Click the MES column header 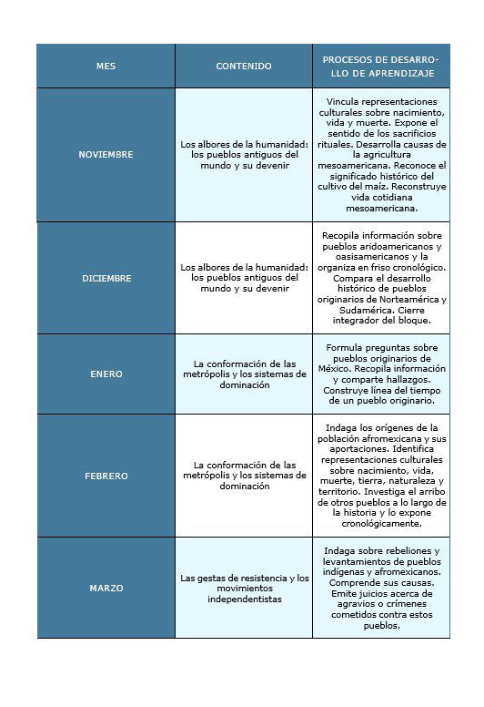tap(106, 67)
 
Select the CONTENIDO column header tap(243, 67)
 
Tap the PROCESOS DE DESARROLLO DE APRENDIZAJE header tap(380, 66)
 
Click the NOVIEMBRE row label tap(106, 155)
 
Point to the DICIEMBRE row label tap(106, 279)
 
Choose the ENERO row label tap(106, 374)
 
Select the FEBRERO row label tap(106, 476)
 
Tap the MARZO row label tap(106, 589)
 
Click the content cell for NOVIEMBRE tap(244, 155)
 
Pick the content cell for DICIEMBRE tap(244, 279)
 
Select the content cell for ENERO tap(244, 374)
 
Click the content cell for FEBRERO tap(244, 476)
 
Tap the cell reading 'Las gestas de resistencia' tap(244, 589)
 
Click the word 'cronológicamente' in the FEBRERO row tap(381, 524)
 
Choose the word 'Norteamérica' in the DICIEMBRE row tap(406, 300)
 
